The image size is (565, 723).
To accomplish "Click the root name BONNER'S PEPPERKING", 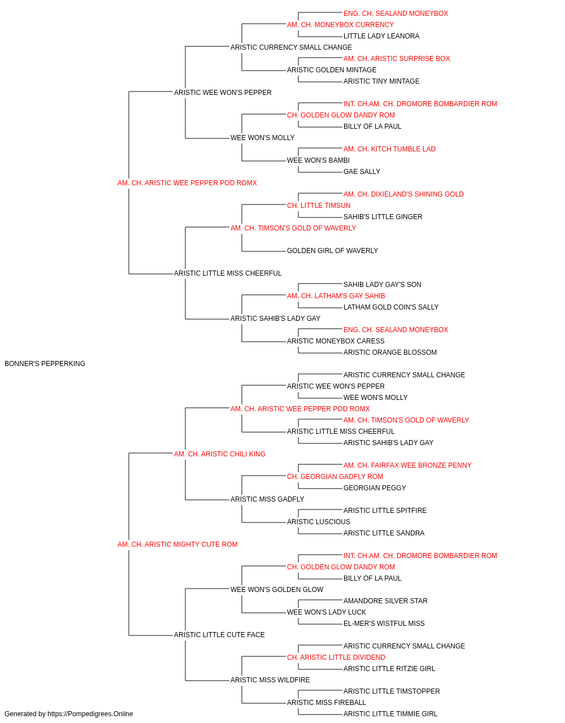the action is coord(45,364).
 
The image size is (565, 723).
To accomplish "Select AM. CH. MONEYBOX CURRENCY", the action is coord(340,25).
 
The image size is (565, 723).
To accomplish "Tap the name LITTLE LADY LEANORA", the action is coord(381,36).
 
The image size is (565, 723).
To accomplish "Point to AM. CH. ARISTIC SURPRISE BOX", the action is coord(397,59).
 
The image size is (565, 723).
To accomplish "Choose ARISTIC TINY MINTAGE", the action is coord(381,81).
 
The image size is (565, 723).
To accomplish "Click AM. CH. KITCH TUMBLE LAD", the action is coord(389,149).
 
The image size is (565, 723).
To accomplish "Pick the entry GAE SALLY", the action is coord(362,172).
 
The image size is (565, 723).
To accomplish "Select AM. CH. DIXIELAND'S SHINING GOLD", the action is coord(403,194).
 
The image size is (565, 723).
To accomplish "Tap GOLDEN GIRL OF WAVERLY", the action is coord(332,251).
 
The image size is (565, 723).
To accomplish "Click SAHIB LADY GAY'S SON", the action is coord(383,285).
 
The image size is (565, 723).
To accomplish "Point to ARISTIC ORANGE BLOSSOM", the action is coord(390,352).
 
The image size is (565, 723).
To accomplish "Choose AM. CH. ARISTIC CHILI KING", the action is coord(220,454).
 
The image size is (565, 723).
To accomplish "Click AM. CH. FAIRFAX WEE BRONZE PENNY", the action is coord(407,465).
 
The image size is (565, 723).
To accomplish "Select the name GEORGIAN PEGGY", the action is coord(375,488).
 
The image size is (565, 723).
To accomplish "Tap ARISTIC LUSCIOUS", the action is coord(319,522).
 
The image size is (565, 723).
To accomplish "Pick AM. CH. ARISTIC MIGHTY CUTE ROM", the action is coord(177,545).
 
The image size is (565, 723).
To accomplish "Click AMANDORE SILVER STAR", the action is coord(385,601).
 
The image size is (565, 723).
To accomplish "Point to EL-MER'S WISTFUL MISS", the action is coord(384,624).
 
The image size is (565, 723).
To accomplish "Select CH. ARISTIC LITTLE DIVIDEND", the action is coord(336,657).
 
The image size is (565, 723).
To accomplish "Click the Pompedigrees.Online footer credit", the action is coord(68,714).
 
